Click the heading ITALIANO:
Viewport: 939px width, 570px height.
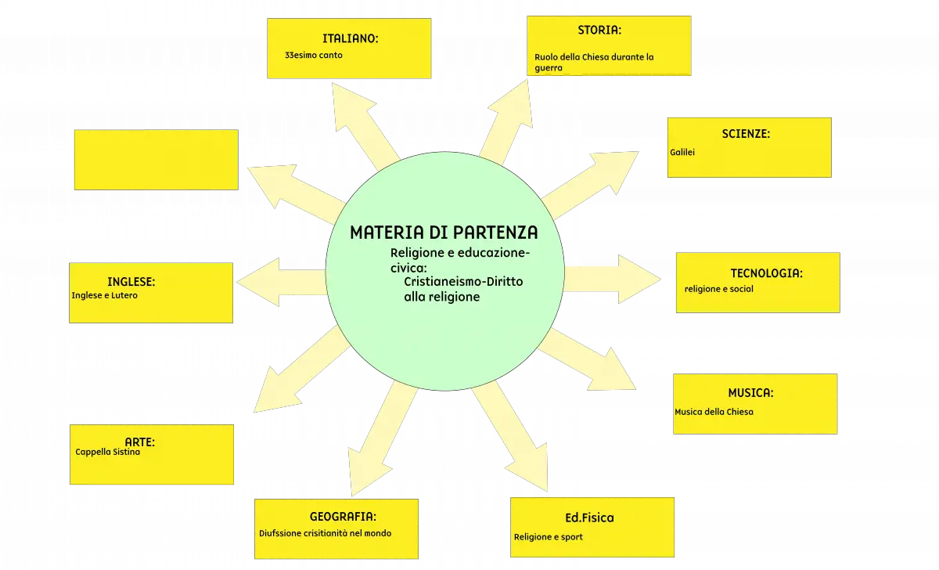pyautogui.click(x=350, y=38)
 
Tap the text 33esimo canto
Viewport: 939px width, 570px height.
pyautogui.click(x=314, y=55)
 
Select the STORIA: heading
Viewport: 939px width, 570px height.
pyautogui.click(x=599, y=31)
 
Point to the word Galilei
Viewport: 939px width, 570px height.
pyautogui.click(x=682, y=152)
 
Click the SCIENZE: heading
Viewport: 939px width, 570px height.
pyautogui.click(x=746, y=134)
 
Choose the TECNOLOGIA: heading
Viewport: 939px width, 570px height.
pyautogui.click(x=766, y=273)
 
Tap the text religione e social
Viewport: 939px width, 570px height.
pyautogui.click(x=718, y=289)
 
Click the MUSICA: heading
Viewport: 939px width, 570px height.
pyautogui.click(x=750, y=393)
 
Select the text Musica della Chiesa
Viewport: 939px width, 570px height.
pyautogui.click(x=714, y=412)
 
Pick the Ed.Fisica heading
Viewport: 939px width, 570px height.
pyautogui.click(x=589, y=518)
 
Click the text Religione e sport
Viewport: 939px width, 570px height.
pyautogui.click(x=548, y=537)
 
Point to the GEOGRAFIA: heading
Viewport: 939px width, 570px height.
pyautogui.click(x=343, y=517)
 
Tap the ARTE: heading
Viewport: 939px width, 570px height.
pyautogui.click(x=139, y=442)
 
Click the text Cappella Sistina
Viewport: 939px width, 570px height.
pyautogui.click(x=107, y=452)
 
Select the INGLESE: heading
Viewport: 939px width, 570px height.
pyautogui.click(x=131, y=282)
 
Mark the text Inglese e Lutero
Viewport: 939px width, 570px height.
pyautogui.click(x=104, y=295)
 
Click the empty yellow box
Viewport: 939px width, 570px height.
pyautogui.click(x=156, y=160)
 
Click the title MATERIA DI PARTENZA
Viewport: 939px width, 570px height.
pyautogui.click(x=444, y=233)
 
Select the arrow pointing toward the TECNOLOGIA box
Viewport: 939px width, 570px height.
pyautogui.click(x=613, y=279)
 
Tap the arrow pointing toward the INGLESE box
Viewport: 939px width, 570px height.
pyautogui.click(x=282, y=282)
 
